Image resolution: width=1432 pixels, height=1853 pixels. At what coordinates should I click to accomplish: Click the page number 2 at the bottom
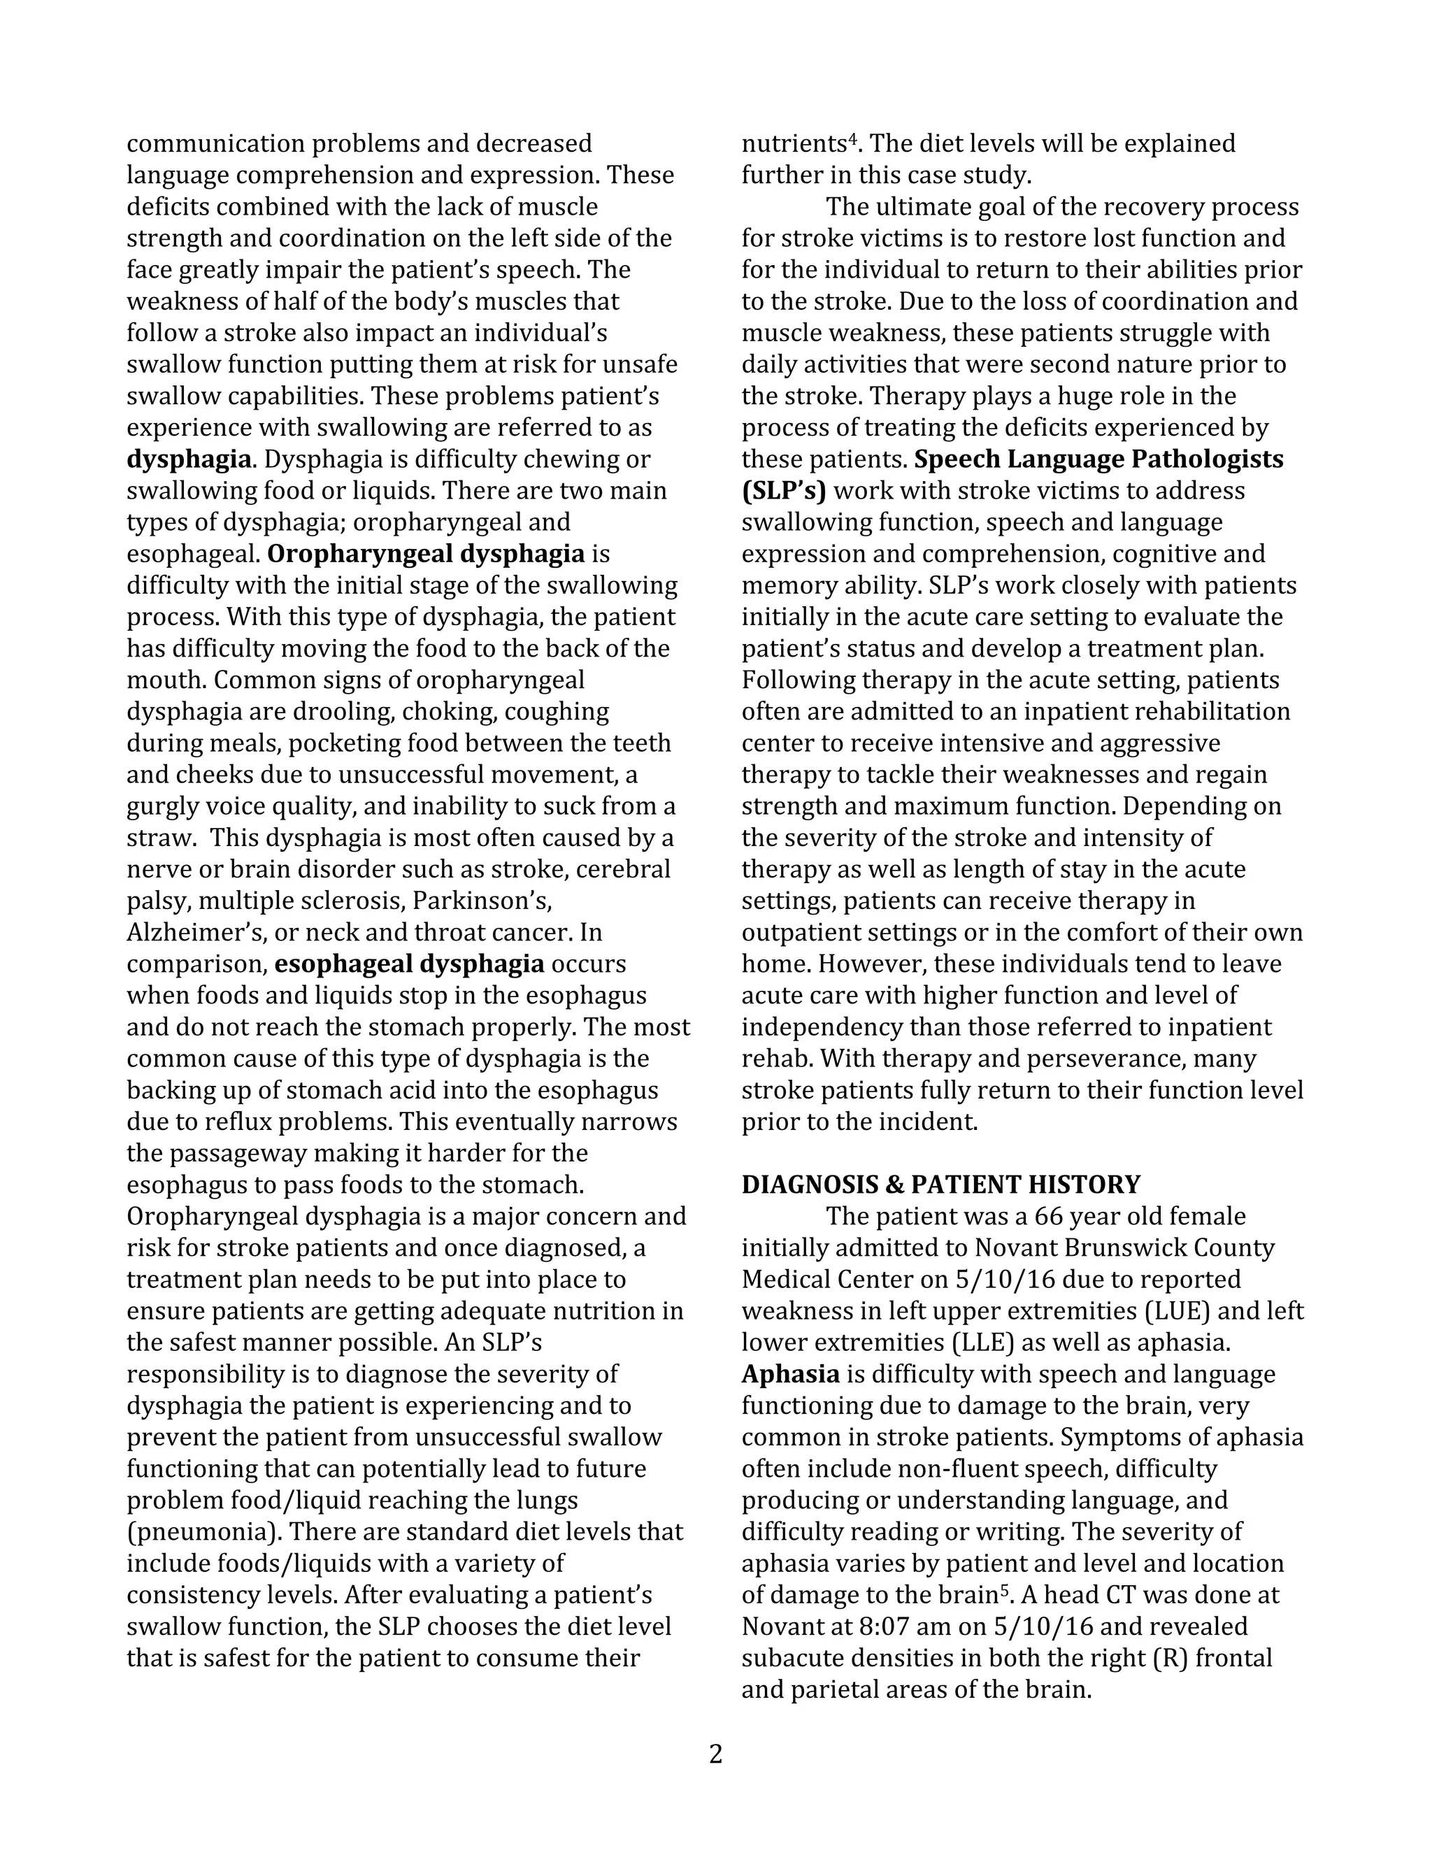(715, 1754)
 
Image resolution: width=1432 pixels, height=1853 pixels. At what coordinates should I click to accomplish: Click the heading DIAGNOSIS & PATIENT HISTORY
(941, 1185)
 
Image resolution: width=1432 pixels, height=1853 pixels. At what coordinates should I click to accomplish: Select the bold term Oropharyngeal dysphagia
(426, 554)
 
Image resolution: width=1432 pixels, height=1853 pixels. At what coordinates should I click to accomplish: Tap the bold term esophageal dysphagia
(410, 964)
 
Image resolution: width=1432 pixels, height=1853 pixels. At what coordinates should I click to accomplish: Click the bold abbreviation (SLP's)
(783, 492)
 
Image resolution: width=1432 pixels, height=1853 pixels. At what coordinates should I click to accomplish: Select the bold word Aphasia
(791, 1373)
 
